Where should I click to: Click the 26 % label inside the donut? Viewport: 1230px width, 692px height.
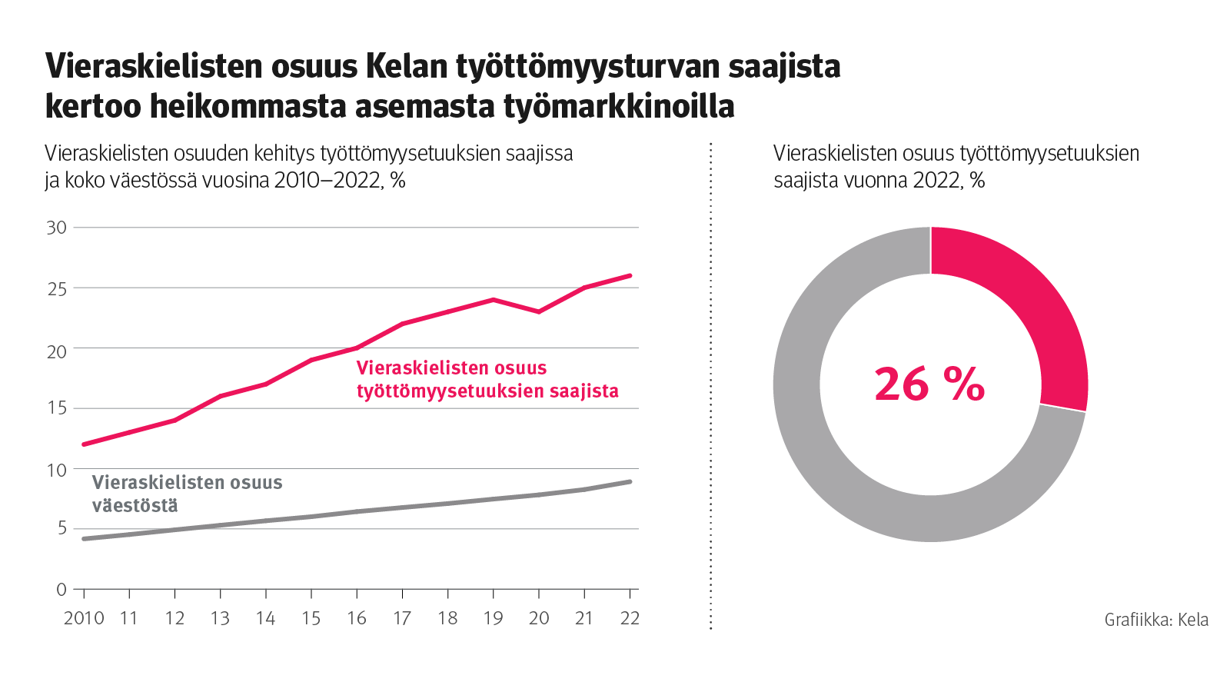(929, 384)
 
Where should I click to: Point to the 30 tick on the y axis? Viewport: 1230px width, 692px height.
(57, 228)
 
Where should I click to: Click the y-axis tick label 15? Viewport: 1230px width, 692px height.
(57, 408)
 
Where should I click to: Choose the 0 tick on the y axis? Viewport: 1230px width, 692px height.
(61, 590)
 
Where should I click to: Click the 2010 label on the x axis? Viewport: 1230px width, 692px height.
(84, 618)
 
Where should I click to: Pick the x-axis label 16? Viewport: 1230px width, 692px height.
(357, 618)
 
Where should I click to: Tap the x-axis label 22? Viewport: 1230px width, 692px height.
(630, 618)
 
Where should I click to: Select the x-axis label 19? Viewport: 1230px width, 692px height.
(493, 618)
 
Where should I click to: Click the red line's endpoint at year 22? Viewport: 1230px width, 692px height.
(630, 275)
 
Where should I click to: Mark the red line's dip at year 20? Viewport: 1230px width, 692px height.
(539, 311)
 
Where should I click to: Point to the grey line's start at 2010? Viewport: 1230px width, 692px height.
(84, 539)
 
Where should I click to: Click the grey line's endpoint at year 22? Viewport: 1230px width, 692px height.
(630, 482)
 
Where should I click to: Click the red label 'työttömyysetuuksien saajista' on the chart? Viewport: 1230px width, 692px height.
(487, 391)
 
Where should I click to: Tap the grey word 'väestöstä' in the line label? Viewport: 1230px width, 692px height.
(135, 506)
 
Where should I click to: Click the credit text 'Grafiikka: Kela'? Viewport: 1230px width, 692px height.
(1156, 620)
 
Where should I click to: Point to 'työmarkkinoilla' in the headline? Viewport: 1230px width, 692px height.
(619, 106)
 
